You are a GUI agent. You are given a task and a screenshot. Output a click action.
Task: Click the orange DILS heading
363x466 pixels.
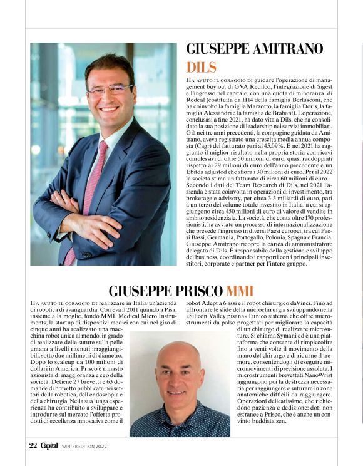click(201, 68)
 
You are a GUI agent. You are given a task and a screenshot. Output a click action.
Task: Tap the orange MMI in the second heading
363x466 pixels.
click(240, 291)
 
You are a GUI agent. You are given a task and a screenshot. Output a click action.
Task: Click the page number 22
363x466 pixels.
click(33, 446)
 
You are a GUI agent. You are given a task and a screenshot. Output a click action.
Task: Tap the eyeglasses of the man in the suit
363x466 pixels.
click(110, 90)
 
